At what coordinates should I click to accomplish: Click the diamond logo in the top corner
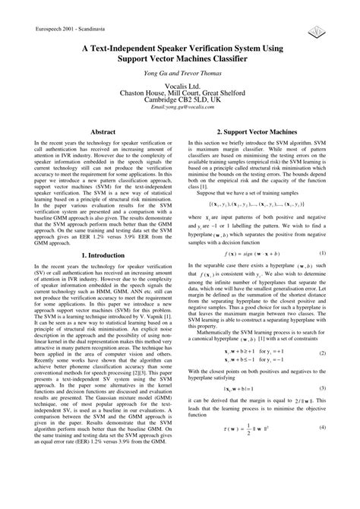click(x=314, y=30)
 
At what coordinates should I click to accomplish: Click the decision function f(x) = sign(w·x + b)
click(x=256, y=252)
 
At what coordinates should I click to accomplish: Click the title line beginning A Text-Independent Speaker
click(x=179, y=48)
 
